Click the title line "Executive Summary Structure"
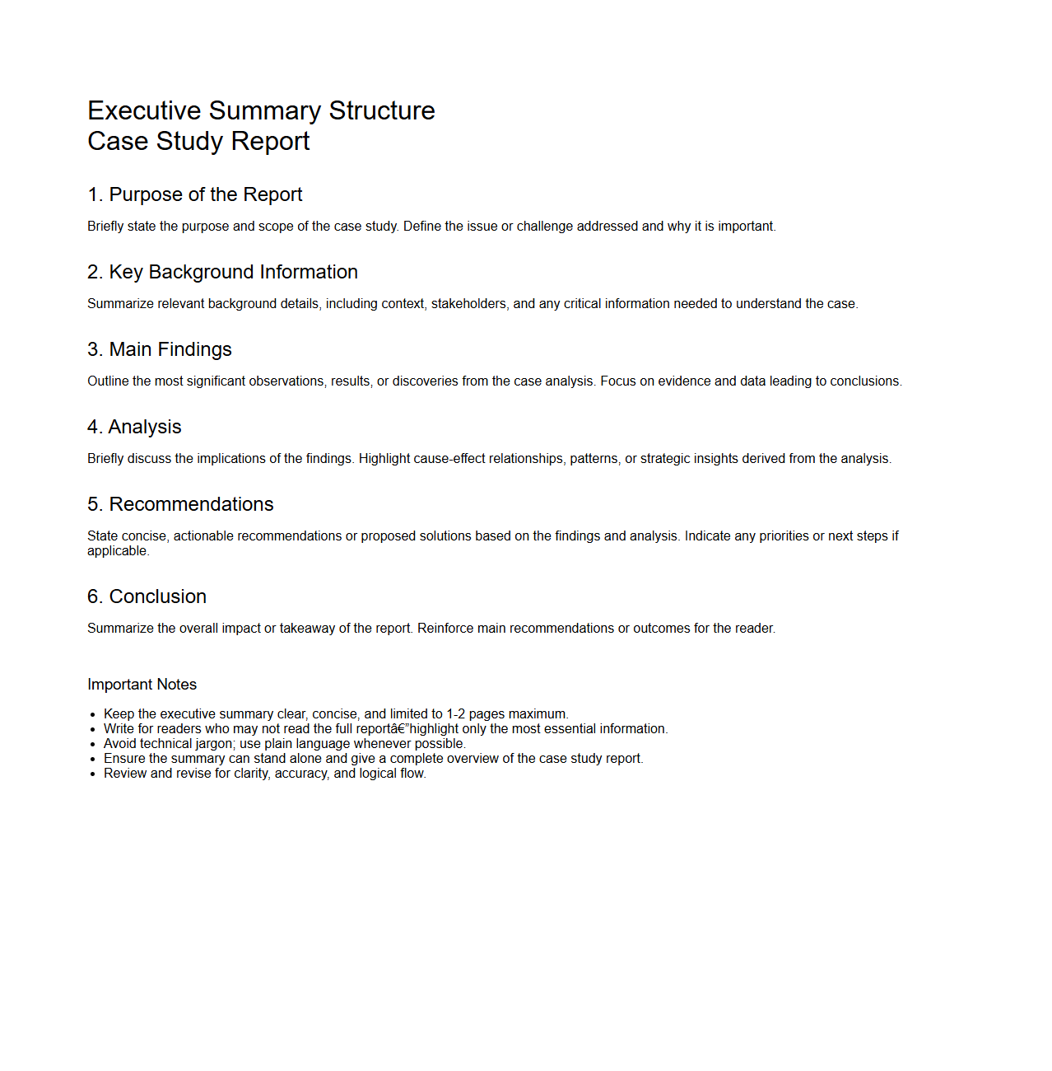coord(261,110)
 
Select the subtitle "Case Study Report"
coord(198,141)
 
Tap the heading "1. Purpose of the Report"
coord(195,194)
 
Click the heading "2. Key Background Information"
coord(222,272)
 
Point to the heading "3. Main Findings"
coord(160,349)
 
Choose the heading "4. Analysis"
coord(134,427)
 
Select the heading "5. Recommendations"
coord(180,504)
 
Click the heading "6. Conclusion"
coord(147,596)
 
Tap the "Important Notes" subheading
coord(142,685)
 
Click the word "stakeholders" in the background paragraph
coord(468,304)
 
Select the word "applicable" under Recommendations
coord(117,551)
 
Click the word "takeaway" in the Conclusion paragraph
coord(307,629)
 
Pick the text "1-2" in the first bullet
coord(456,714)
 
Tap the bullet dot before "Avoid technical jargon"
coord(93,744)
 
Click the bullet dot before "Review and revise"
coord(93,774)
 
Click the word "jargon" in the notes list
coord(216,744)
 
